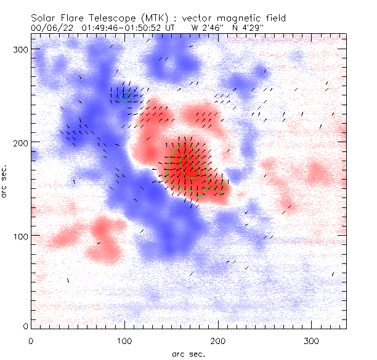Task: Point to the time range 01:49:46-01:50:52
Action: click(x=121, y=28)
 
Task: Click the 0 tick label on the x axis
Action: click(x=31, y=340)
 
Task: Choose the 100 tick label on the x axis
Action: click(x=124, y=340)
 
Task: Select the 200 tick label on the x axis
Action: click(x=218, y=340)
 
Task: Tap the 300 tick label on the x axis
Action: click(x=312, y=340)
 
